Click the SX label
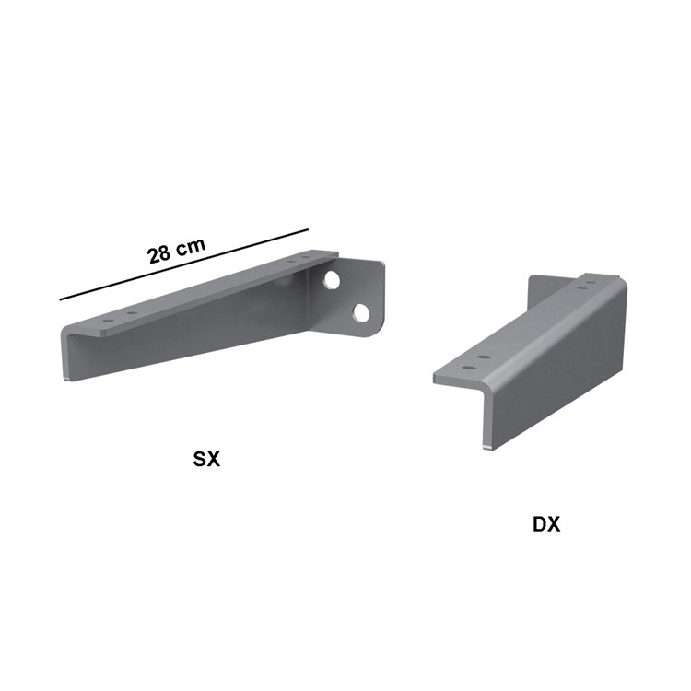[x=206, y=458]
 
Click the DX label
[x=546, y=524]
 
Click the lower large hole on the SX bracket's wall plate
[x=360, y=313]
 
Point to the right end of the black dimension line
[x=307, y=230]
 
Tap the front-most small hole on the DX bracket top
[x=464, y=368]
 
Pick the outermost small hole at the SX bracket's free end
[x=108, y=322]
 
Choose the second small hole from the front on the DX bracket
[x=483, y=356]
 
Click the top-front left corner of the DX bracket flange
[x=435, y=378]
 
